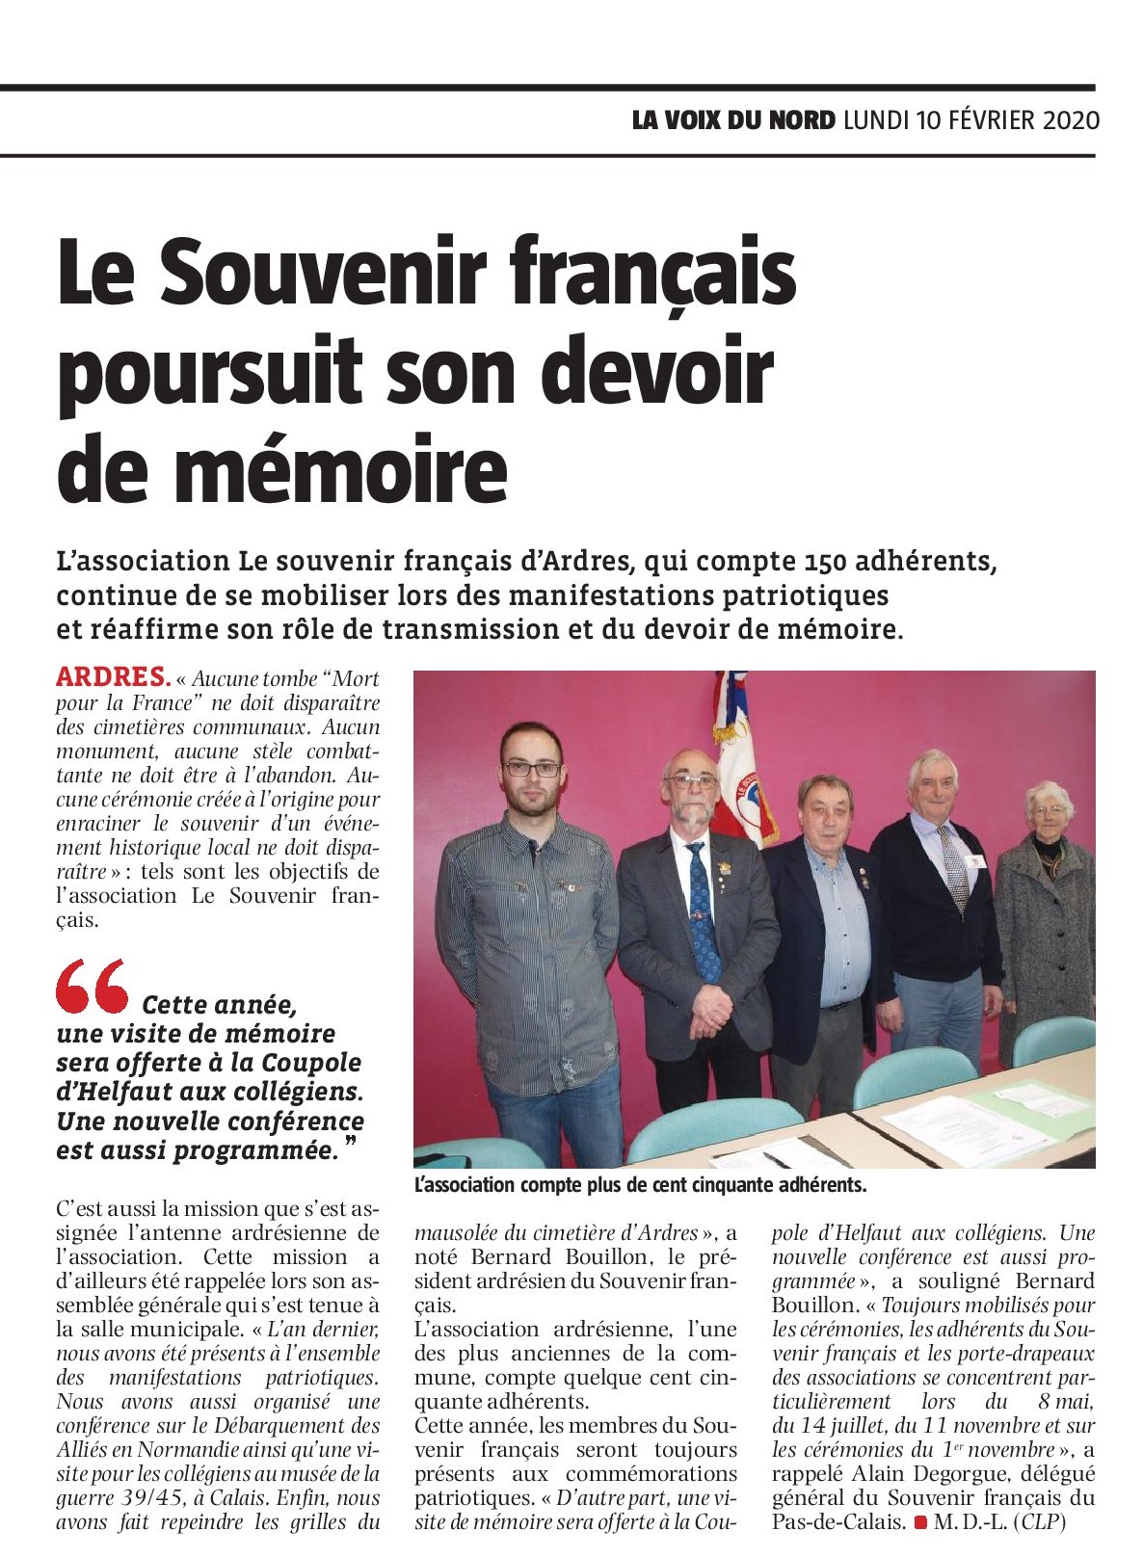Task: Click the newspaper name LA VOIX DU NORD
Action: coord(733,120)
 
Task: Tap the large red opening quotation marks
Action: coord(92,986)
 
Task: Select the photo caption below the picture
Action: coord(641,1184)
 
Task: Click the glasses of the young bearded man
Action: coord(531,769)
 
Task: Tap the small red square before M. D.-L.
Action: coord(920,1523)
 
